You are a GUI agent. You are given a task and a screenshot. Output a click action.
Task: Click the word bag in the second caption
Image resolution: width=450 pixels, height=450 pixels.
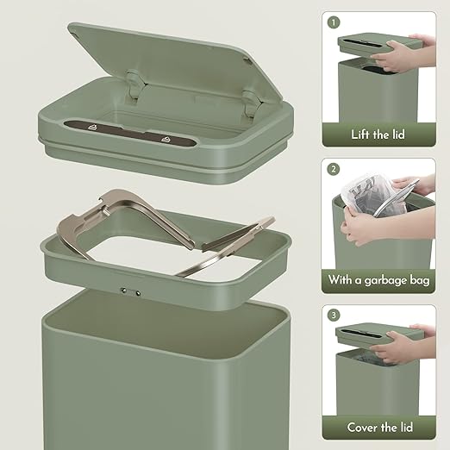[x=420, y=280]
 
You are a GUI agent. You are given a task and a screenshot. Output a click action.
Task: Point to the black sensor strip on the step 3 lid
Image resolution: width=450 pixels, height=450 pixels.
[x=362, y=333]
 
